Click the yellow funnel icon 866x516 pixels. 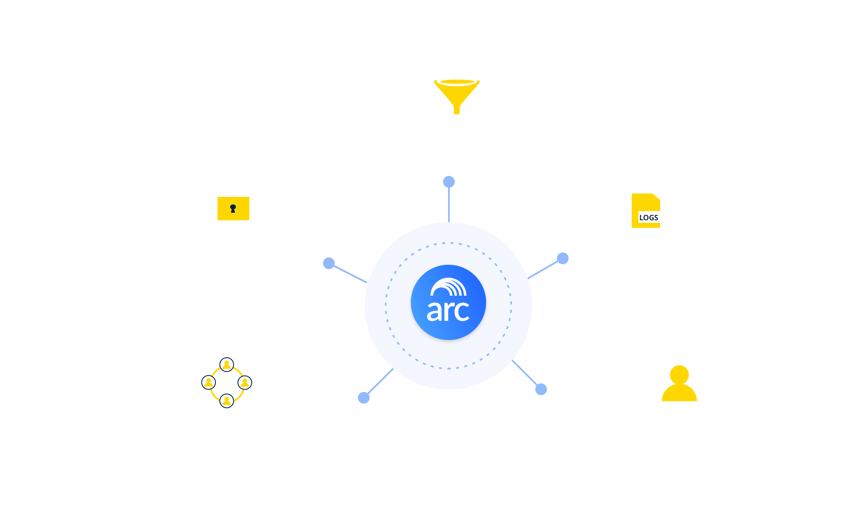coord(457,94)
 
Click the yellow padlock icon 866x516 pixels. coord(233,202)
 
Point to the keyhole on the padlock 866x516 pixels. coord(233,208)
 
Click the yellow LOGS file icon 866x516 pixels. coord(646,211)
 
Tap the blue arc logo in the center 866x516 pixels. coord(448,302)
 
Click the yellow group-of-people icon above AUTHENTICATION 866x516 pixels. coord(679,384)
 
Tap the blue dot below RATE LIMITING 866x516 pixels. coord(449,182)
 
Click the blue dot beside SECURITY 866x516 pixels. coord(329,263)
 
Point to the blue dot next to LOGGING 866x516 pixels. coord(563,258)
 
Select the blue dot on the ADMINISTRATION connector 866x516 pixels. coord(364,397)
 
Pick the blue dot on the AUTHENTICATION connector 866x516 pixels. coord(541,389)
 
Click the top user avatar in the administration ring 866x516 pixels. coord(227,364)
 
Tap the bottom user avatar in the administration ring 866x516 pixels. coord(227,401)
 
